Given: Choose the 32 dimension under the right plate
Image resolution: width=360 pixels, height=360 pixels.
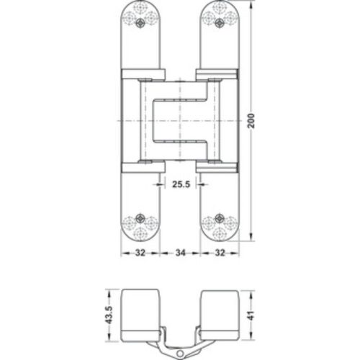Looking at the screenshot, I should click(x=222, y=253).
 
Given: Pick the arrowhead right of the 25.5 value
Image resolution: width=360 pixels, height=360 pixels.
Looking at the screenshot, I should click(x=202, y=184).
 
